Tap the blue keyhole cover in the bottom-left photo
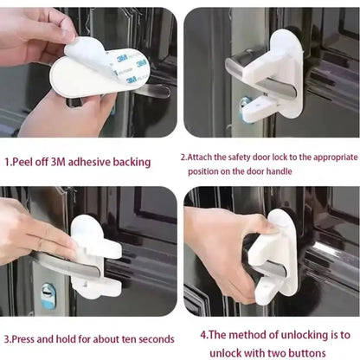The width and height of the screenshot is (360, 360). (48, 293)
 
